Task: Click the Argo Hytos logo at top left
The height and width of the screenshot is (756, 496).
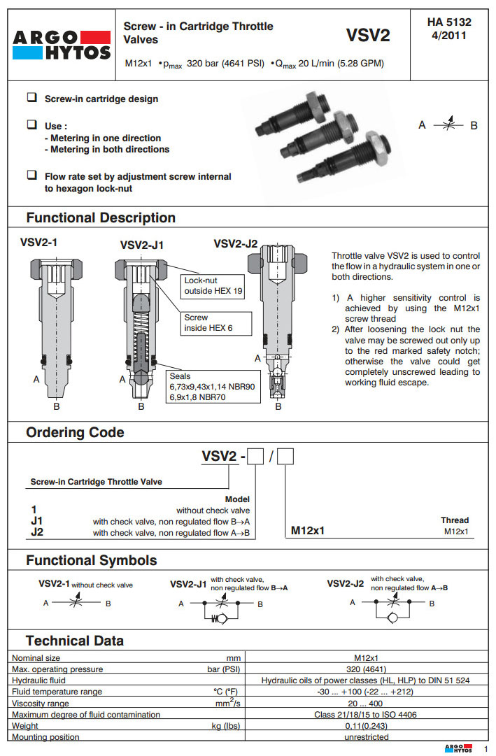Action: [62, 45]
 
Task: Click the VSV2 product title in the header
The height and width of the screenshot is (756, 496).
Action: [367, 36]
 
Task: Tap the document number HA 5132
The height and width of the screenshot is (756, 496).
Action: [449, 22]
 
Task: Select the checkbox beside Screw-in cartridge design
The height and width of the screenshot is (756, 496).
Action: [31, 98]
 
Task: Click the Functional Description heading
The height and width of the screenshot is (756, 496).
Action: [101, 217]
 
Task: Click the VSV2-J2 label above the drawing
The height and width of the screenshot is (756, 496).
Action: [235, 244]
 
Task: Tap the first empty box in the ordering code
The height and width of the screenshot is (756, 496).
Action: [255, 457]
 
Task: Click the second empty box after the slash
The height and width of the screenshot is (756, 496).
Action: [286, 457]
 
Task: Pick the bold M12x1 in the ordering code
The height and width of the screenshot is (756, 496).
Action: [308, 531]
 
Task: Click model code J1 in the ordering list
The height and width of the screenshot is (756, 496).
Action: [37, 521]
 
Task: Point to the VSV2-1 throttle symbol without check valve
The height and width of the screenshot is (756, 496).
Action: [76, 603]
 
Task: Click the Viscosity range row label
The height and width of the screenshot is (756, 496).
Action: [41, 703]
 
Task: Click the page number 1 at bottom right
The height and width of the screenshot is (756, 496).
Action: [485, 748]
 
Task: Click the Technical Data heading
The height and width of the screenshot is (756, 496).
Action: [75, 641]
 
